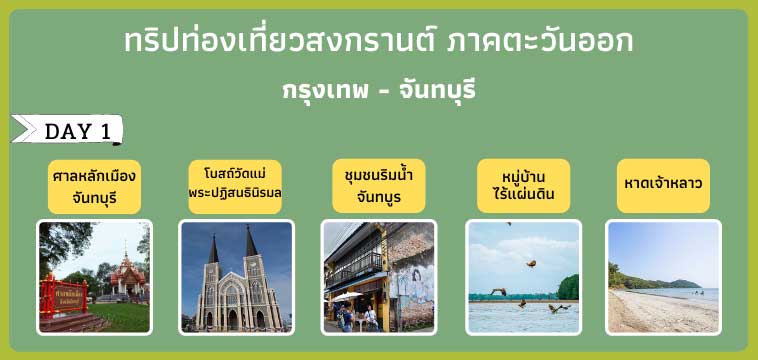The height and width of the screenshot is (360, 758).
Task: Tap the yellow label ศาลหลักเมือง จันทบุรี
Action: click(94, 185)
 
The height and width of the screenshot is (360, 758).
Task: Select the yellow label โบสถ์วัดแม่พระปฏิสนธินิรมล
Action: click(235, 183)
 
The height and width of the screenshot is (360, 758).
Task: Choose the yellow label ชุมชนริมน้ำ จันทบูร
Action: click(378, 185)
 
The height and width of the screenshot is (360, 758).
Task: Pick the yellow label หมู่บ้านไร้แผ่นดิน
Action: click(523, 185)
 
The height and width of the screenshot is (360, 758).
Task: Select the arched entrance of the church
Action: click(234, 318)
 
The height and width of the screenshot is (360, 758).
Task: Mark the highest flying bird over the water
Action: click(531, 264)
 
